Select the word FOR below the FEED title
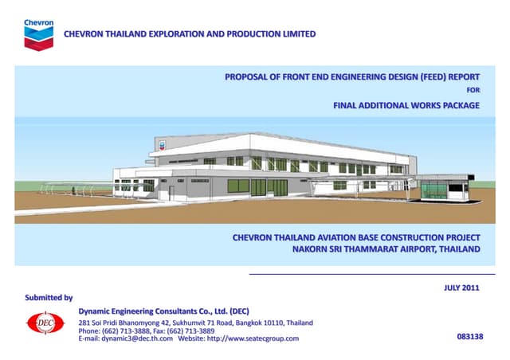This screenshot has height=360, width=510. pyautogui.click(x=473, y=91)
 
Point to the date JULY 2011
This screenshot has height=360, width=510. pyautogui.click(x=461, y=288)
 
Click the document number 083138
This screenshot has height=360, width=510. pyautogui.click(x=469, y=338)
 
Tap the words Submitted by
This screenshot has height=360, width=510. pyautogui.click(x=49, y=297)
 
